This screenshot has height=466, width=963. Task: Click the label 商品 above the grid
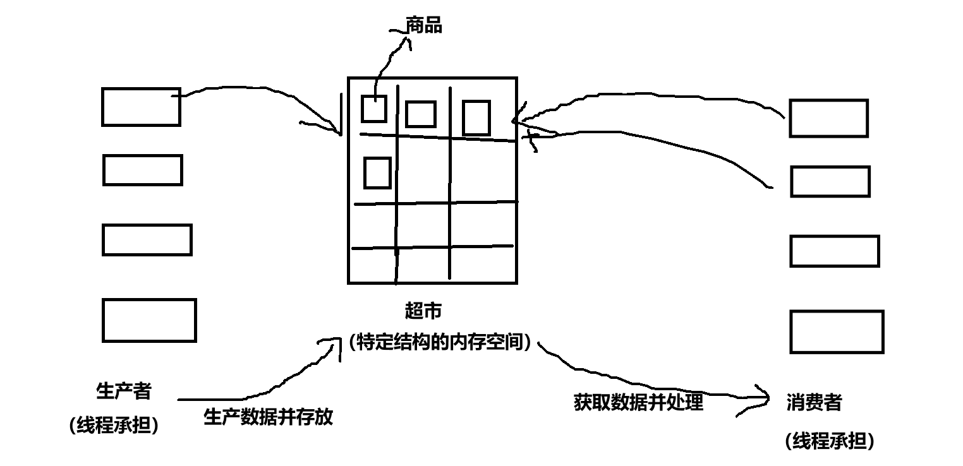[x=425, y=26]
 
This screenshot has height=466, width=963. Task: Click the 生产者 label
[x=124, y=391]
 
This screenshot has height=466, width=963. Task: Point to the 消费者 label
[x=815, y=402]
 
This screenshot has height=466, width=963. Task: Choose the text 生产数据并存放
[x=269, y=417]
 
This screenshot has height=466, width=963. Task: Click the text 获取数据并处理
[x=638, y=402]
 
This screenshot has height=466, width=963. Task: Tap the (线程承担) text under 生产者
[x=114, y=426]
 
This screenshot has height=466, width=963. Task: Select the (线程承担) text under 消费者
[x=830, y=441]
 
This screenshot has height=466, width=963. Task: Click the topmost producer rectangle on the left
[x=141, y=107]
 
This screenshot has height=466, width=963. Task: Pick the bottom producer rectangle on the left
[x=149, y=320]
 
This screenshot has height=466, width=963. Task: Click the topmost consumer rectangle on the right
[x=828, y=118]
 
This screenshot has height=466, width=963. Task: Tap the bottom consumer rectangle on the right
[x=837, y=332]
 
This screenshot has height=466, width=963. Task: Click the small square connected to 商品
[x=373, y=109]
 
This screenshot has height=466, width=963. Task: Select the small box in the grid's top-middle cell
[x=421, y=114]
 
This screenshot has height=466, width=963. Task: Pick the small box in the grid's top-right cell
[x=476, y=117]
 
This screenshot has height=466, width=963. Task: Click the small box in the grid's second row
[x=377, y=172]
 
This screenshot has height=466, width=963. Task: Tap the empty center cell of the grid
[x=423, y=170]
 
